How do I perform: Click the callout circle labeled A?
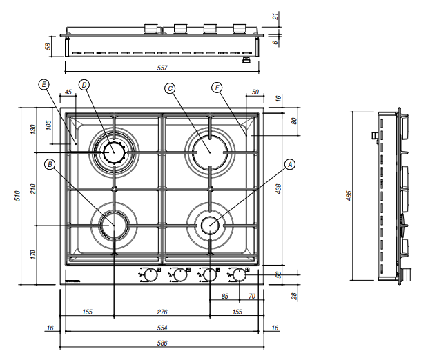coord(290,164)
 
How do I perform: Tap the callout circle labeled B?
coord(49,164)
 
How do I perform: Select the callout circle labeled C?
coord(170,88)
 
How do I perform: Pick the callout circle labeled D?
coord(84,85)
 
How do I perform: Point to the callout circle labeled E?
coord(44,85)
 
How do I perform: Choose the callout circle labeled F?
coord(217,88)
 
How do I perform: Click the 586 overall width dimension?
coord(162,343)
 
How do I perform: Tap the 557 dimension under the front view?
coord(163,68)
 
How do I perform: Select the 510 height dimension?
coord(16,195)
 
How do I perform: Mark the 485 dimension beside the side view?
coord(348,195)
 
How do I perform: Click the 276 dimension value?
coord(162,312)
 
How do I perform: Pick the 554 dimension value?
coord(162,328)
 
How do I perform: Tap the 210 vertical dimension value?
coord(32,188)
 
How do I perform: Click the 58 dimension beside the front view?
coord(48,46)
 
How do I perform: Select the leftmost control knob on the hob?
coord(150,275)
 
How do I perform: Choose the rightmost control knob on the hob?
coord(238,275)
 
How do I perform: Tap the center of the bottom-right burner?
coord(208,223)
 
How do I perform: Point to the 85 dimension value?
coord(225,297)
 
